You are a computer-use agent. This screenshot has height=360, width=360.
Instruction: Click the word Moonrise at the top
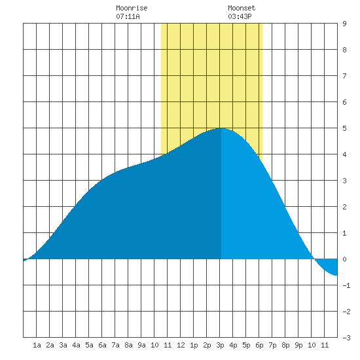tap(132, 8)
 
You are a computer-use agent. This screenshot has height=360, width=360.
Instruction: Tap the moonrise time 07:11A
tap(128, 16)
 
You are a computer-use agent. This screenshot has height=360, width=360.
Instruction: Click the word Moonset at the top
tap(242, 8)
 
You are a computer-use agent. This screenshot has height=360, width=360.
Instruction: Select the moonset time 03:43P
tap(240, 16)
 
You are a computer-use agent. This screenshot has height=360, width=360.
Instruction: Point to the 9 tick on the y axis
tap(344, 24)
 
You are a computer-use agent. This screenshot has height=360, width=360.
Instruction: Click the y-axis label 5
tap(344, 128)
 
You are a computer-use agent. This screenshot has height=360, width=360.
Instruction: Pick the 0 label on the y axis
tap(344, 259)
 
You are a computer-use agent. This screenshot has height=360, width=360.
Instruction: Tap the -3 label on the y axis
tap(346, 338)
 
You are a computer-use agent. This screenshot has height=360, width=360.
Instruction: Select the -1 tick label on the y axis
tap(346, 285)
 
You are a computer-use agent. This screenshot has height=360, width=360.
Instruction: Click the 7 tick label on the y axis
tap(344, 76)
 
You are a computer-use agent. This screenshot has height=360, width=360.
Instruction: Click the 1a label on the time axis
tap(37, 345)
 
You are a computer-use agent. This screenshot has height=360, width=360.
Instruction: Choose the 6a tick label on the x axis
tap(102, 345)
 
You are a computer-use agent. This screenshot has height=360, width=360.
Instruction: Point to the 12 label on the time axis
tap(181, 345)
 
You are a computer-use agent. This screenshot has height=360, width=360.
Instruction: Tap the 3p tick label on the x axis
tap(220, 345)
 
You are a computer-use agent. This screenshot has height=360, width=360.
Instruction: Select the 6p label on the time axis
tap(259, 345)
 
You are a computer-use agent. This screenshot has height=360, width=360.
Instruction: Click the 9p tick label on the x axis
tap(298, 345)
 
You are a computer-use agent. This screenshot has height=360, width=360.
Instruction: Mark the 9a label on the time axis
tap(141, 345)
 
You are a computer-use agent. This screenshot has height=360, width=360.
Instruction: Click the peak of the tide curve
tap(221, 128)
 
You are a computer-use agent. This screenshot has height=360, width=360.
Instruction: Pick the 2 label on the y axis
tap(344, 207)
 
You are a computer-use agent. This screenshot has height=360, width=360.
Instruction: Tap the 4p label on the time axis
tap(233, 345)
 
